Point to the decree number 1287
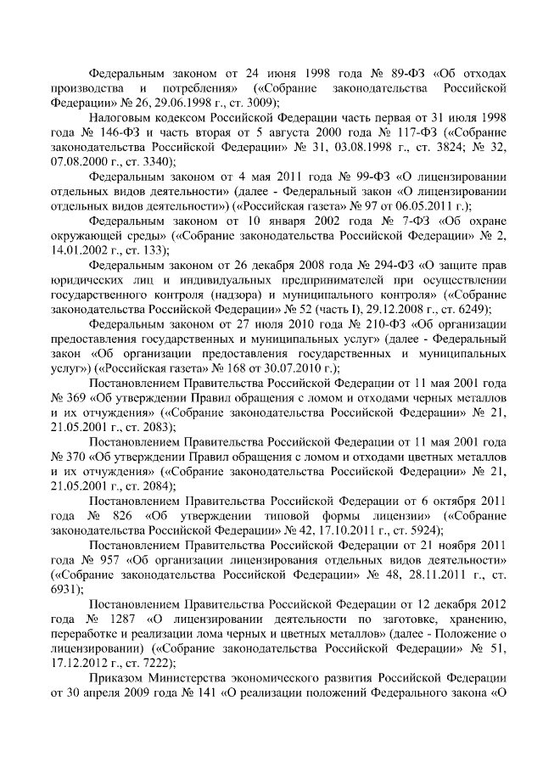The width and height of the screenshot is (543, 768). (125, 617)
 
